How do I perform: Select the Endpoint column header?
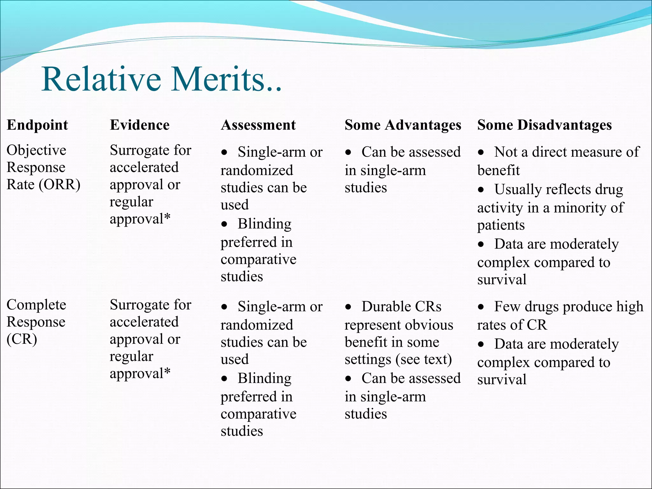(37, 125)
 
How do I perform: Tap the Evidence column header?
(139, 125)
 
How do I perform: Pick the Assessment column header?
(258, 125)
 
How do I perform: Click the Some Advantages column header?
(403, 125)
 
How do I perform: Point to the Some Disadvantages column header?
(544, 125)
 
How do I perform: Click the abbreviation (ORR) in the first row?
(60, 185)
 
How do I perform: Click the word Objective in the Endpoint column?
(36, 150)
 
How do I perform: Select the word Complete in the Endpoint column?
(36, 305)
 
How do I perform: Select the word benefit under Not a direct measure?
(498, 171)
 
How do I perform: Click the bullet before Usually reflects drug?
(481, 190)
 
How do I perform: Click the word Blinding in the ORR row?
(264, 224)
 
